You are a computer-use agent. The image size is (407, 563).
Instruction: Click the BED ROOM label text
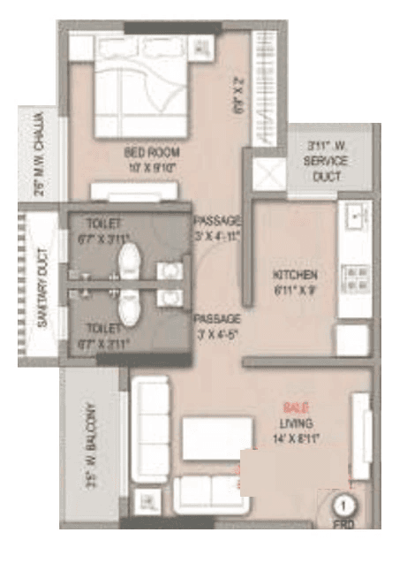147,153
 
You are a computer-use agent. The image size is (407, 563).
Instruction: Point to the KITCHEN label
294,275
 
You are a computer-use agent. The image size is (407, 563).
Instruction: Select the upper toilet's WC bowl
131,259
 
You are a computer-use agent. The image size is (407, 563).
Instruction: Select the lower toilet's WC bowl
131,308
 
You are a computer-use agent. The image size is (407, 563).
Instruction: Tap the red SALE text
296,407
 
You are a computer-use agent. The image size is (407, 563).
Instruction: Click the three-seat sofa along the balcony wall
151,423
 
